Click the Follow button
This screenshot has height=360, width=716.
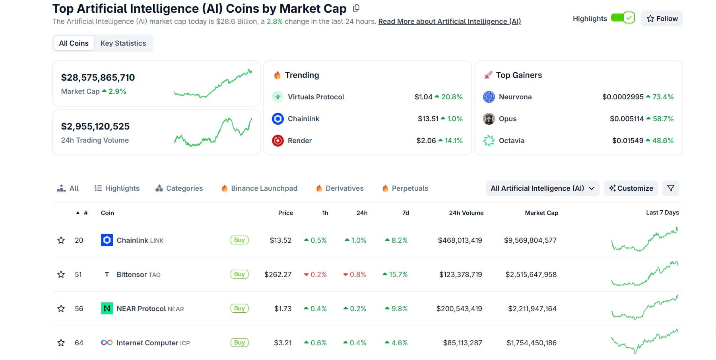point(662,19)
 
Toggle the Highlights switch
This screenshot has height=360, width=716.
point(623,18)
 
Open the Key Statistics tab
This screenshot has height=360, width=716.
point(123,43)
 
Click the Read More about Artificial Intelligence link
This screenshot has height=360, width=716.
point(449,21)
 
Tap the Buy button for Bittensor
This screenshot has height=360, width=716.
point(239,274)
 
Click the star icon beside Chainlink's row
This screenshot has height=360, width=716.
point(61,240)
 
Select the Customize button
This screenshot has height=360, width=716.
point(631,188)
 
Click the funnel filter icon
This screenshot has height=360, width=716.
point(671,188)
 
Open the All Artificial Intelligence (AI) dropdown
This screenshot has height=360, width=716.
point(542,188)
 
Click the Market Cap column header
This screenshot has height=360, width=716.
point(541,213)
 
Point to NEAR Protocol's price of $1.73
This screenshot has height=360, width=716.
point(283,309)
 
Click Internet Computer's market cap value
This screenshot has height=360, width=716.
point(531,343)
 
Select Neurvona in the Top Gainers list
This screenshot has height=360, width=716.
point(515,97)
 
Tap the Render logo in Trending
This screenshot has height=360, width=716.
point(277,141)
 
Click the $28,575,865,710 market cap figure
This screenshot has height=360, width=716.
point(98,77)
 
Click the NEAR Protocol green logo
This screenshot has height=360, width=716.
point(107,309)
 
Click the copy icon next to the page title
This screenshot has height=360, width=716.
point(356,8)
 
